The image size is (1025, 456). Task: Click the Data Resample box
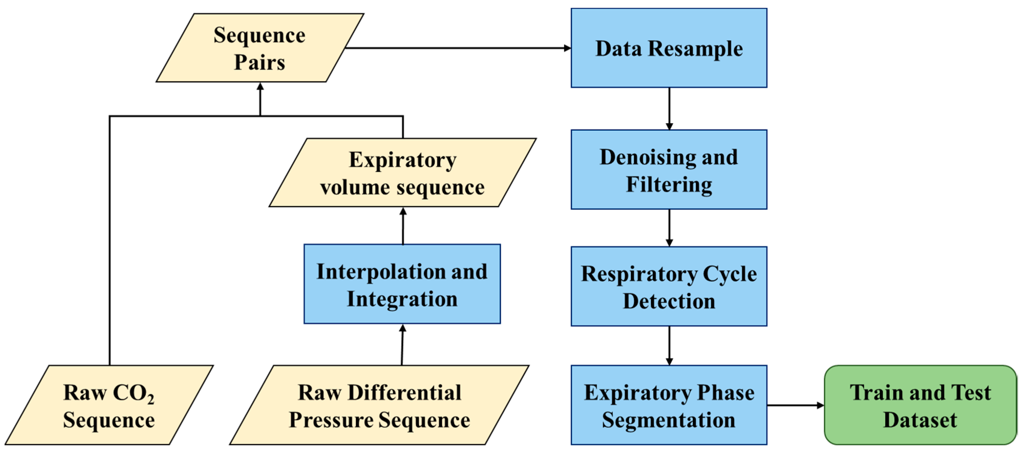[x=669, y=48]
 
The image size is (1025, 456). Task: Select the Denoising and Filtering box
[x=669, y=169]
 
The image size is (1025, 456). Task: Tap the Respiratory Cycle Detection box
[x=669, y=286]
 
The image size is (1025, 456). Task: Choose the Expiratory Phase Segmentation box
[x=669, y=405]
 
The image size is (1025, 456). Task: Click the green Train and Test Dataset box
[x=920, y=405]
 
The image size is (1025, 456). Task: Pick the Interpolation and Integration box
[x=402, y=284]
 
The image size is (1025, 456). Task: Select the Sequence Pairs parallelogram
[x=259, y=48]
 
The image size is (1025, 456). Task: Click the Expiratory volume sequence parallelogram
[x=402, y=172]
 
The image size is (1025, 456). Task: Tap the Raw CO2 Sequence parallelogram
[x=109, y=405]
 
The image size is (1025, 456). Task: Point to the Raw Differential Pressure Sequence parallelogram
[x=379, y=405]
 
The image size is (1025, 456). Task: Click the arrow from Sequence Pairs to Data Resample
[x=457, y=48]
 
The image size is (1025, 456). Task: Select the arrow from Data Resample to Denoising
[x=669, y=108]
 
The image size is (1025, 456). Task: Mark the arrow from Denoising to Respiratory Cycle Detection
[x=669, y=227]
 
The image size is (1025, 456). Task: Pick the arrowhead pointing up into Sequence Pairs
[x=260, y=87]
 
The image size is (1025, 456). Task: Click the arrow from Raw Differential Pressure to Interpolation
[x=402, y=344]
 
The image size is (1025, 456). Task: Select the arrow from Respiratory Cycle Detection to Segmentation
[x=669, y=345]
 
